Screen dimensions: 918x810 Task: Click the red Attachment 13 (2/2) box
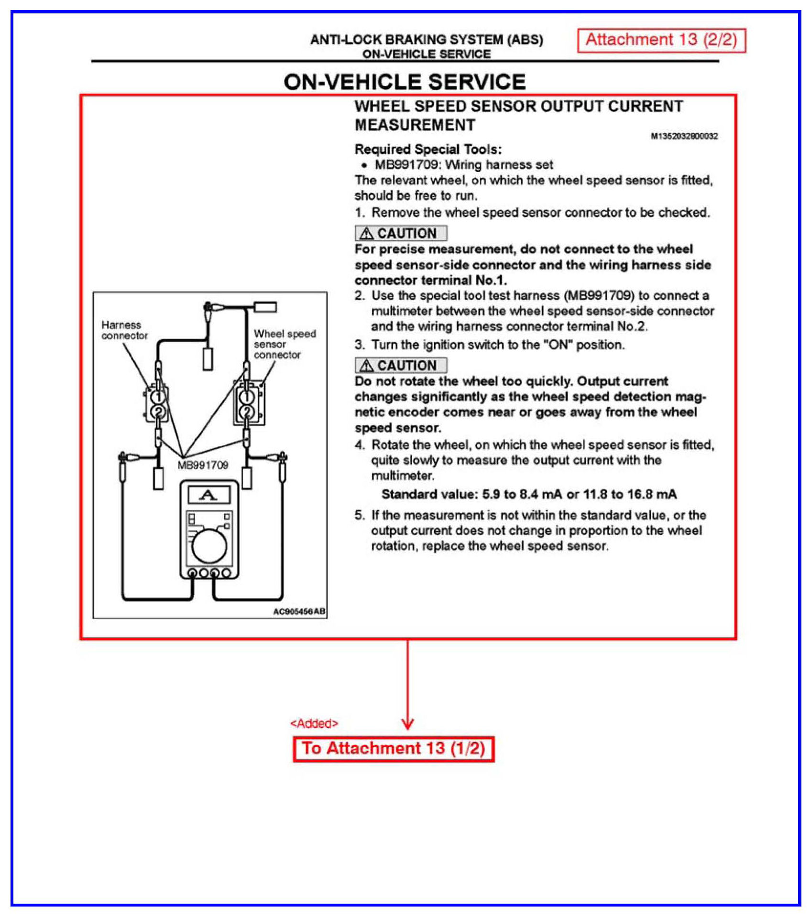tap(661, 40)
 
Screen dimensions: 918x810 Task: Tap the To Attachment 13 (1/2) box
tap(393, 749)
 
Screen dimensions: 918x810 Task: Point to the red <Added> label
tap(314, 724)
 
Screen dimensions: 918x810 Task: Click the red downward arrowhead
tap(407, 724)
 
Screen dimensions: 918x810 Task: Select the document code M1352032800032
tap(684, 136)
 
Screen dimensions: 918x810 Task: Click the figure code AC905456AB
tap(299, 612)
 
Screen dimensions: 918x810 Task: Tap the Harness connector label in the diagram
tap(124, 330)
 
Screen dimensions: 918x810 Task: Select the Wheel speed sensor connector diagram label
tap(284, 344)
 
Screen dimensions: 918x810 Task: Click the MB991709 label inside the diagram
tap(203, 465)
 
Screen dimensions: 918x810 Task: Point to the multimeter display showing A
tap(208, 495)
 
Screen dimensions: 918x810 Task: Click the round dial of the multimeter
tap(209, 546)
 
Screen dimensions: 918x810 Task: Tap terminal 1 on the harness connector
tap(158, 397)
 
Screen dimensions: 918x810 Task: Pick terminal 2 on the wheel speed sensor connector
tap(246, 412)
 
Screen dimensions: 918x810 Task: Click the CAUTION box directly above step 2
tap(401, 233)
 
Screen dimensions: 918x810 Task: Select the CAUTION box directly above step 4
tap(401, 366)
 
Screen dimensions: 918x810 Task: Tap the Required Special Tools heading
tap(428, 150)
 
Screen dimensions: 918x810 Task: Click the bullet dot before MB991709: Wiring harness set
tap(364, 165)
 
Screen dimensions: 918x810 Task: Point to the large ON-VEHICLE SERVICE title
tap(405, 82)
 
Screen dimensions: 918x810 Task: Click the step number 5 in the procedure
tap(359, 515)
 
